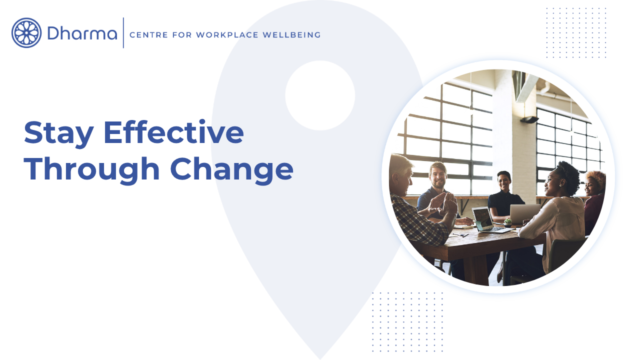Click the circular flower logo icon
(x=26, y=33)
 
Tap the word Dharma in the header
(x=82, y=33)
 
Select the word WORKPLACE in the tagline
(x=227, y=35)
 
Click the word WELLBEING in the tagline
(x=291, y=35)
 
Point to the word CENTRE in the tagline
(x=148, y=35)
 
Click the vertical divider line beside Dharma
(x=123, y=33)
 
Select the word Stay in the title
(x=59, y=133)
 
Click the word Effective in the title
(x=173, y=132)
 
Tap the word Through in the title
(x=91, y=170)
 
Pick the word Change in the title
(x=231, y=170)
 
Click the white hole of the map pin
(x=320, y=95)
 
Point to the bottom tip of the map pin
(x=320, y=359)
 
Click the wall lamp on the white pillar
(x=529, y=119)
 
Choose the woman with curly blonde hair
(x=594, y=200)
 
